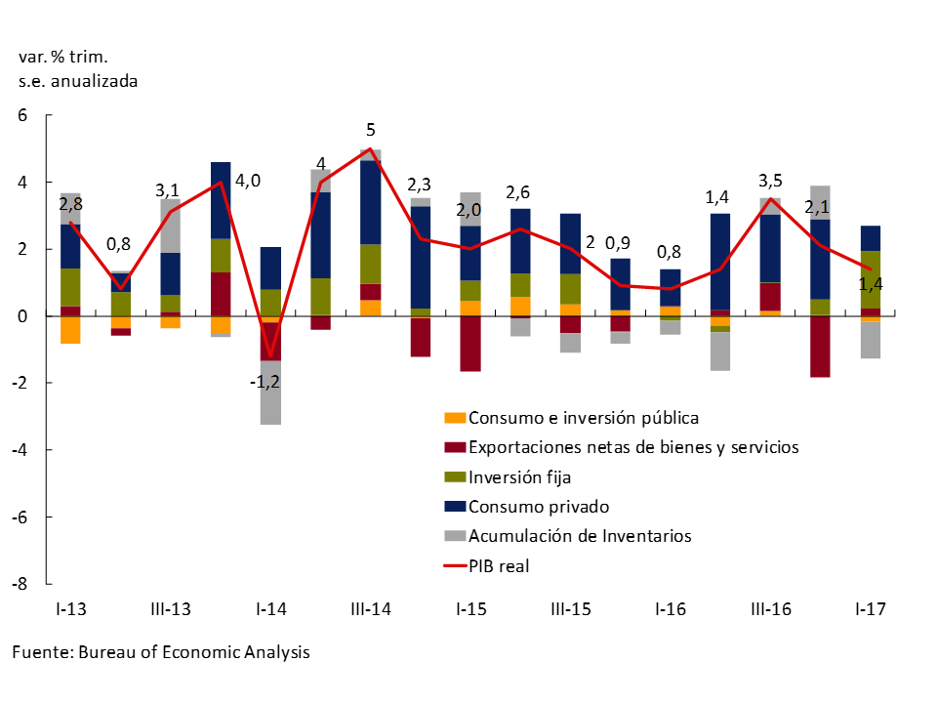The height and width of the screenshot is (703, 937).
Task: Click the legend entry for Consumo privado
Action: point(538,507)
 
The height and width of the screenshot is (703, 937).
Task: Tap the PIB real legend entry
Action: point(498,565)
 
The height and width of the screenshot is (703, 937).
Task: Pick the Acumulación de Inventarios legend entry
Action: point(579,536)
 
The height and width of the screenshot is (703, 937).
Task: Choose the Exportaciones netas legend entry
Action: point(632,448)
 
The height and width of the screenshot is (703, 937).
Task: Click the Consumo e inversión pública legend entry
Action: point(583,419)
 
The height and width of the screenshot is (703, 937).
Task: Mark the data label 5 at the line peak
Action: point(370,130)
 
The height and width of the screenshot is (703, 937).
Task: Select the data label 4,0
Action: point(249,181)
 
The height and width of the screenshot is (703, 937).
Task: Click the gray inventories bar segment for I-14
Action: point(269,393)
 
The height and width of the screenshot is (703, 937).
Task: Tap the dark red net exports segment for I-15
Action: point(469,344)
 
